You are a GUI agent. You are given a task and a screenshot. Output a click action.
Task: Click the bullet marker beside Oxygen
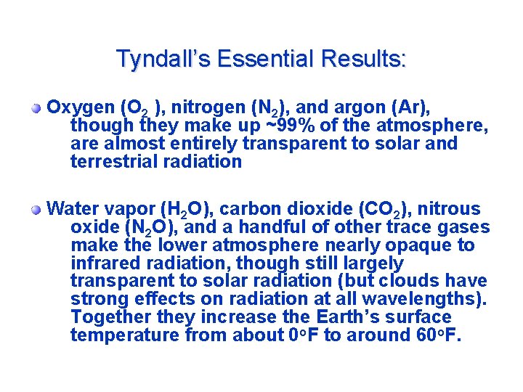36,109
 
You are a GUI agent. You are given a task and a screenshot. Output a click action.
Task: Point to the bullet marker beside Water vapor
36,210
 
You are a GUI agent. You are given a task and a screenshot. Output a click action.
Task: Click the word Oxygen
78,108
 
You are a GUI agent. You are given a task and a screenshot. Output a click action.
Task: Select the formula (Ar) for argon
412,108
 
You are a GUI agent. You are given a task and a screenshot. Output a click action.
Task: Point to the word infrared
105,263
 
